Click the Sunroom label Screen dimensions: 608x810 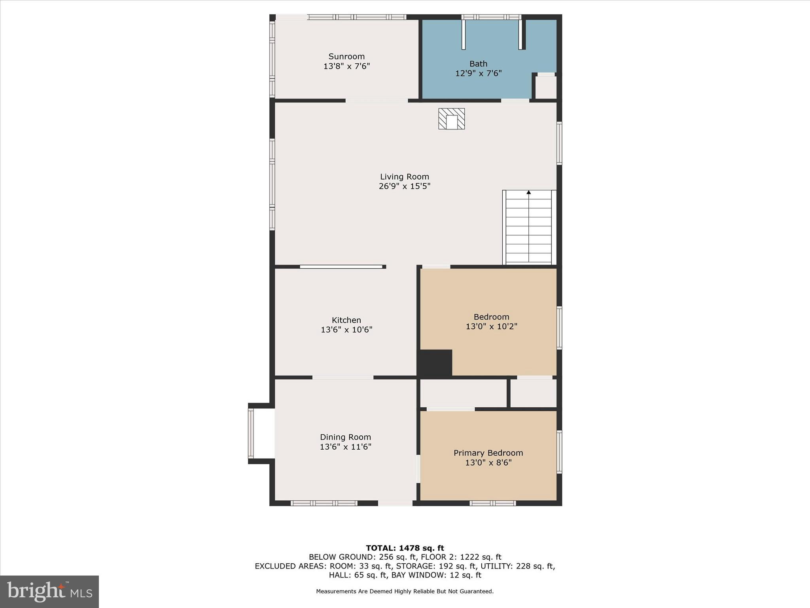[x=346, y=57]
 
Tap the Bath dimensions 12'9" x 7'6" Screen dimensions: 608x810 [x=478, y=73]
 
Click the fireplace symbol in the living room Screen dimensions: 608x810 [x=451, y=119]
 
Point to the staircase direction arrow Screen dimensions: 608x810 [x=528, y=192]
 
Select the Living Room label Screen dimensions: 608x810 [x=404, y=177]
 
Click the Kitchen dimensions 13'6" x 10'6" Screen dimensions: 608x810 [x=346, y=329]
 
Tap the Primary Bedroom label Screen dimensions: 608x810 [x=488, y=453]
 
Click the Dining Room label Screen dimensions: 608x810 [x=345, y=437]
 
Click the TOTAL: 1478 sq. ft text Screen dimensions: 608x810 [x=405, y=548]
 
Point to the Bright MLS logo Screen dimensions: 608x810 [x=49, y=592]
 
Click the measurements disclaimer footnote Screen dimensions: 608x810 [x=405, y=591]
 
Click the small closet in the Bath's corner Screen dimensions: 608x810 [x=546, y=87]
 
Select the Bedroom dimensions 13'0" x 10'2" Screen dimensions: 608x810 [x=491, y=327]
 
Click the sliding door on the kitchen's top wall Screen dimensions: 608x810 [x=341, y=267]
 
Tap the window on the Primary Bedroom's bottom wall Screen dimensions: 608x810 [x=492, y=503]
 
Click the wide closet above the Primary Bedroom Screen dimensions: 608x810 [x=463, y=393]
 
